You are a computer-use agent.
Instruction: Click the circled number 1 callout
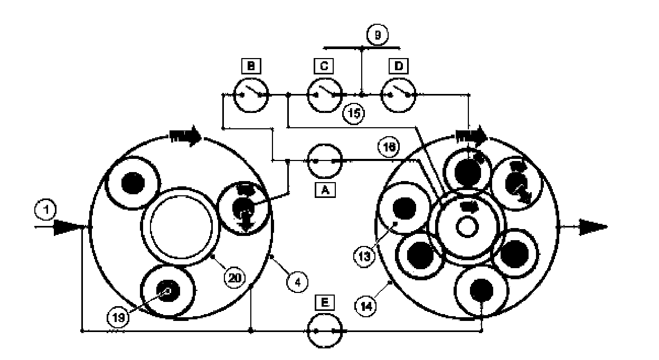46,211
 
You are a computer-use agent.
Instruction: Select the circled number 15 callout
353,115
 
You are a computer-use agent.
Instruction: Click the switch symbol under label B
251,95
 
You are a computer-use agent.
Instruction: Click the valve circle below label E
325,331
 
